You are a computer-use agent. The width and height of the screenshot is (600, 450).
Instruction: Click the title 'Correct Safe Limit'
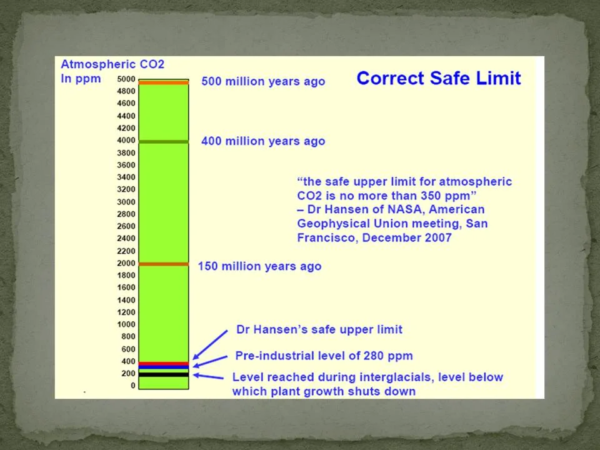[x=438, y=78]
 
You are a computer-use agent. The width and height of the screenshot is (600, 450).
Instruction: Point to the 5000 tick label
[x=126, y=79]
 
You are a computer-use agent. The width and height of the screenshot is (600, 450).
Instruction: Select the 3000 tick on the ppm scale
[x=126, y=202]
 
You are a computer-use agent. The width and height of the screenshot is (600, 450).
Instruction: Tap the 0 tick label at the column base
[x=132, y=386]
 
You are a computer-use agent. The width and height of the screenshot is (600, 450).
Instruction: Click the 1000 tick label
[x=126, y=324]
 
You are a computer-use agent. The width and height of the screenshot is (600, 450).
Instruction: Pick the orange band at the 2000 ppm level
[x=163, y=264]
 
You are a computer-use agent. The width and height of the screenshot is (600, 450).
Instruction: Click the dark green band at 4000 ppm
[x=163, y=142]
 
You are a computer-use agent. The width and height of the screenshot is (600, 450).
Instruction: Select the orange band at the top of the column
[x=163, y=82]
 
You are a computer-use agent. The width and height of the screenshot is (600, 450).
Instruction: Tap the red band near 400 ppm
[x=163, y=363]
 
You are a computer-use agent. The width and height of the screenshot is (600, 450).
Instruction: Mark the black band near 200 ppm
[x=163, y=374]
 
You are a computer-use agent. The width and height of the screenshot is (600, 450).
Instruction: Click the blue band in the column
[x=163, y=367]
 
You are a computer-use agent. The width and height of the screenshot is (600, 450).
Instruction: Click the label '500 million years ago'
[x=263, y=81]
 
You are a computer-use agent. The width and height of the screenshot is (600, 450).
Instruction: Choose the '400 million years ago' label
[x=263, y=141]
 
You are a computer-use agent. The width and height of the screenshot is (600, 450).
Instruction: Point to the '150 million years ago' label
[x=259, y=266]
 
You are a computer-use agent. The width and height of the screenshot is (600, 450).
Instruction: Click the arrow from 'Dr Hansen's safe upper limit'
[x=211, y=344]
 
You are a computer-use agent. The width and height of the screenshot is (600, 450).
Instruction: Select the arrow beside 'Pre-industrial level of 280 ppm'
[x=211, y=361]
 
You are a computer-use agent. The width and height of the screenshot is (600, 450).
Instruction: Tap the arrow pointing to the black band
[x=208, y=376]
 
